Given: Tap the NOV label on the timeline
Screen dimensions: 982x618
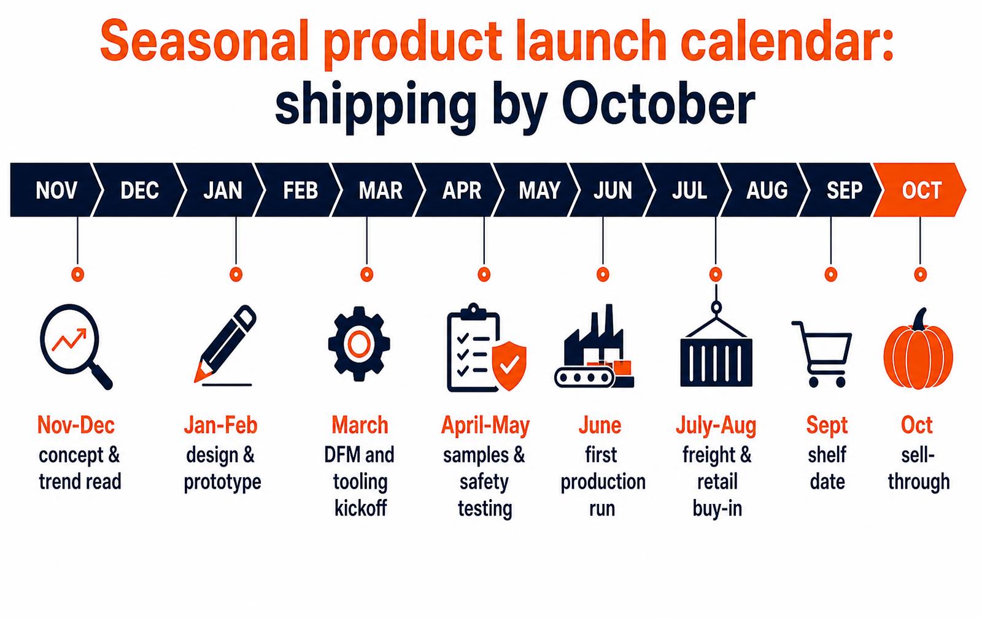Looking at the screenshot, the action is tap(56, 191).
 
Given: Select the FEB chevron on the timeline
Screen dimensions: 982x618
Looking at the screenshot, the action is tap(298, 189).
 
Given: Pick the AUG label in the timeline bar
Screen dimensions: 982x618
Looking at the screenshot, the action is tap(767, 191).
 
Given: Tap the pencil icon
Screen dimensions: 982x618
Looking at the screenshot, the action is tap(225, 346).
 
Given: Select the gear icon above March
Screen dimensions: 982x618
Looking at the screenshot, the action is tap(359, 344).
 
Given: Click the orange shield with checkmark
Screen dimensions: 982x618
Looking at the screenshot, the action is tap(509, 366).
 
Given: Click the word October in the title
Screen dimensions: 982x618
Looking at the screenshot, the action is tap(659, 105).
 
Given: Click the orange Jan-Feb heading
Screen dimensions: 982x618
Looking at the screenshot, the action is tap(220, 425).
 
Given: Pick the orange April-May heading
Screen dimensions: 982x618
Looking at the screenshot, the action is tap(485, 425).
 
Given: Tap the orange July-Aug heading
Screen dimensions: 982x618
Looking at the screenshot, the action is tap(716, 425).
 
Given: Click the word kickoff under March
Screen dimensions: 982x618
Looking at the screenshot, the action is tap(360, 508).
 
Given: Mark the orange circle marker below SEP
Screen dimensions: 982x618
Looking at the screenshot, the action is tap(831, 275).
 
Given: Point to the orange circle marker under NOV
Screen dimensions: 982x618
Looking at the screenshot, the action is tap(77, 275).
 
